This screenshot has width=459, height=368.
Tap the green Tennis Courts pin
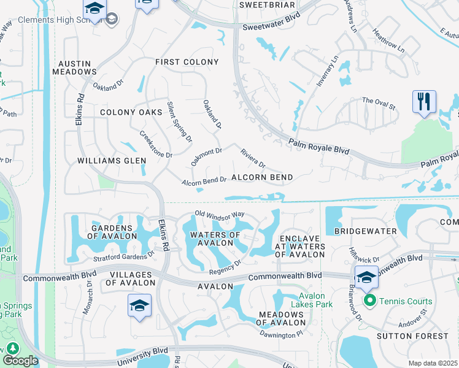click(x=369, y=301)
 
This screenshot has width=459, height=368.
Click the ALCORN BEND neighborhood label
click(x=262, y=177)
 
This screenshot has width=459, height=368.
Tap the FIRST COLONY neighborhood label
click(x=187, y=62)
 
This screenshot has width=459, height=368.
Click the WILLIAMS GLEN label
click(x=112, y=161)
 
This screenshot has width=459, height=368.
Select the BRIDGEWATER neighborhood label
click(x=358, y=231)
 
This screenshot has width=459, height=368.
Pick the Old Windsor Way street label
click(x=219, y=215)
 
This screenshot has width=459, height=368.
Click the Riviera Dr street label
click(x=253, y=158)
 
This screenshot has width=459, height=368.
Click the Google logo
click(x=20, y=361)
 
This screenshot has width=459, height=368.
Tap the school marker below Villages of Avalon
click(x=139, y=306)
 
